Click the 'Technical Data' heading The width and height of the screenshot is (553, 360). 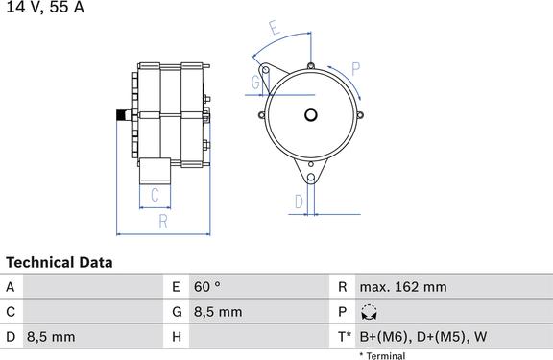(60, 262)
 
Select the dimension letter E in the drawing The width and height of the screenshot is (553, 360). (276, 29)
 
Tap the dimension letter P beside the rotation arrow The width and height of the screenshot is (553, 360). (354, 68)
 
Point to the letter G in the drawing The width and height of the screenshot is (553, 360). (255, 83)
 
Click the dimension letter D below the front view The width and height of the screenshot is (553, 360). (299, 202)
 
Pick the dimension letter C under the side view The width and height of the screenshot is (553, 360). (155, 197)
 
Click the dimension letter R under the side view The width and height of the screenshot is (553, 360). (163, 222)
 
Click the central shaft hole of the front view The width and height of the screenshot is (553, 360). (310, 115)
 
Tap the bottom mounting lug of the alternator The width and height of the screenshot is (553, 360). (310, 176)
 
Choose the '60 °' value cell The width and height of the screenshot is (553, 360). (207, 287)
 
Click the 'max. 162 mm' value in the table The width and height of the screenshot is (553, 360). (403, 287)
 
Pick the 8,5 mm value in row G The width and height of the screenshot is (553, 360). (219, 312)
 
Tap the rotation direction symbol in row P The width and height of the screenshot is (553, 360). (369, 312)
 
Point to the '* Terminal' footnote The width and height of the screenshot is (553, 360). (382, 355)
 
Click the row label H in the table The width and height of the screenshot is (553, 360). (176, 337)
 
